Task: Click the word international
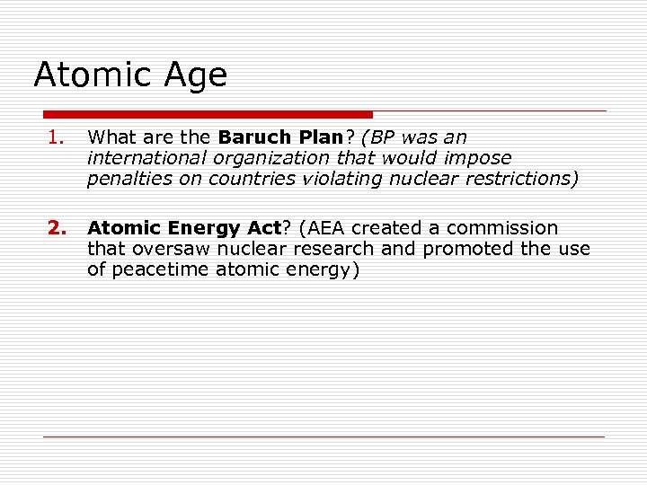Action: click(x=147, y=158)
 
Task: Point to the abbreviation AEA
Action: click(x=316, y=228)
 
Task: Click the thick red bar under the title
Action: click(x=208, y=115)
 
